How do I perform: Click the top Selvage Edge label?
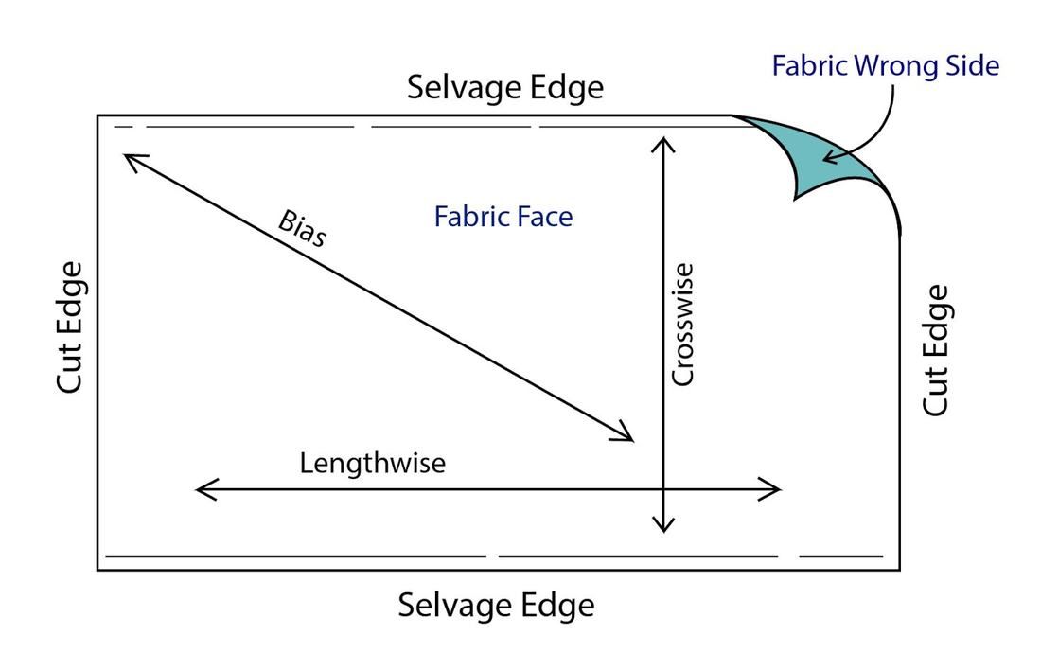[504, 88]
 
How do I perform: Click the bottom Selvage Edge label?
[496, 605]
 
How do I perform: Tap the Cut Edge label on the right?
[935, 349]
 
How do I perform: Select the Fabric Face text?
[503, 217]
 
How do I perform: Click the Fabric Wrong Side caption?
[885, 65]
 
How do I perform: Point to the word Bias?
[302, 228]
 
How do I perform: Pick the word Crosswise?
[682, 325]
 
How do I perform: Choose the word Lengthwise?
[372, 464]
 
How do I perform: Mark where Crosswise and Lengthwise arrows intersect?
[664, 489]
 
